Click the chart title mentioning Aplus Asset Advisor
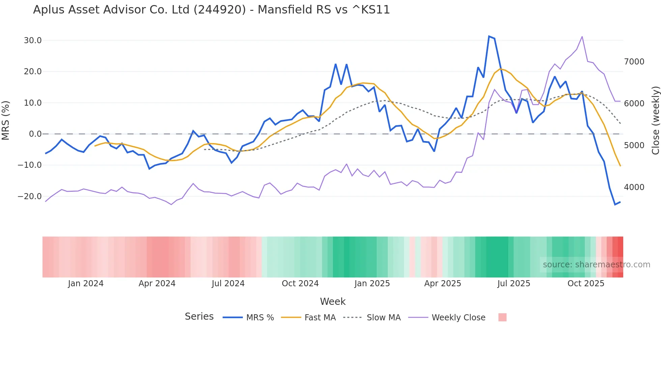point(211,10)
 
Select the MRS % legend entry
point(260,318)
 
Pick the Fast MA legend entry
point(320,318)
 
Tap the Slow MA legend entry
point(383,318)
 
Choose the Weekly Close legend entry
point(458,318)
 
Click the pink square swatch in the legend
point(502,317)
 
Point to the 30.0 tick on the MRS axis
point(33,41)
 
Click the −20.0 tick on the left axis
point(30,196)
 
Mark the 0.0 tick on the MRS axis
point(35,134)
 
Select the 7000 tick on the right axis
point(634,62)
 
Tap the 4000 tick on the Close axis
point(634,187)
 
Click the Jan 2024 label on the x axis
point(86,284)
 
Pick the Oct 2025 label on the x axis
point(586,284)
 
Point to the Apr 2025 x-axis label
point(442,284)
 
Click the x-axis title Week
point(333,301)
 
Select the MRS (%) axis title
point(6,121)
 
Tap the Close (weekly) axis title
point(655,121)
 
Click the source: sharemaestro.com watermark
point(596,265)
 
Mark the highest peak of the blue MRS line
point(489,36)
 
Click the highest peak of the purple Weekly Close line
point(582,36)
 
